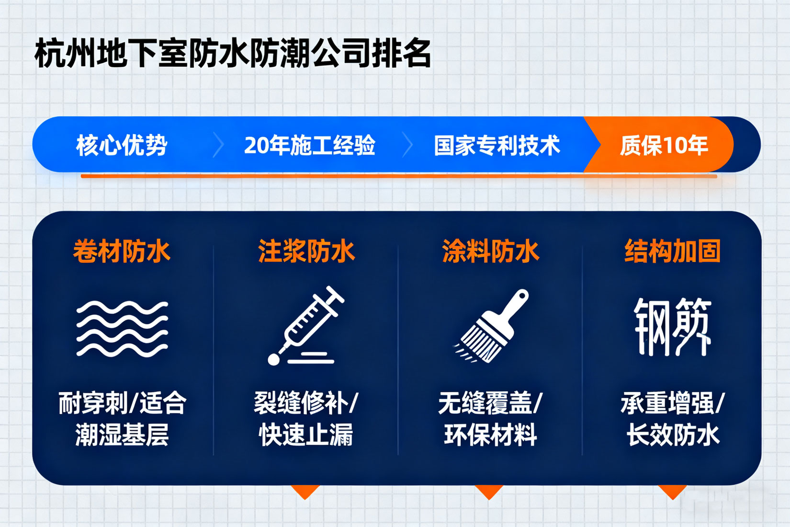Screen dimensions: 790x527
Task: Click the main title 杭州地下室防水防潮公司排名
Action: tap(233, 53)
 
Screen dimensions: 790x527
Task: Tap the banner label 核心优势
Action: tap(122, 145)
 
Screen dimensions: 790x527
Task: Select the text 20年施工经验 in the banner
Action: tap(310, 145)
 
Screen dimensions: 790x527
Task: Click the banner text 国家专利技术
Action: tap(497, 145)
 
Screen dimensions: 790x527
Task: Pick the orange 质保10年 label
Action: tap(664, 145)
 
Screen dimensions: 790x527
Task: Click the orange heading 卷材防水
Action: tap(122, 251)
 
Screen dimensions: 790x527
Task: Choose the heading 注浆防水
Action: tap(306, 251)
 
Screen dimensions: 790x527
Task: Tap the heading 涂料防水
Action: tap(491, 251)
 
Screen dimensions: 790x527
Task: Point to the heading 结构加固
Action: tap(672, 251)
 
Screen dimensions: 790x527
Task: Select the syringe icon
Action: tap(305, 325)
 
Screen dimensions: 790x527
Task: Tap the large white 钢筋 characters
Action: tap(672, 327)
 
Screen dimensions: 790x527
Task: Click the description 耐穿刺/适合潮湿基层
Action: tap(122, 419)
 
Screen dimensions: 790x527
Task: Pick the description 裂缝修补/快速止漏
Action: tap(306, 419)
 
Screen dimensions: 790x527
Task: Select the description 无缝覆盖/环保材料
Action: tap(491, 419)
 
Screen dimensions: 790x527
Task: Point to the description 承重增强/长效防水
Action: tap(673, 419)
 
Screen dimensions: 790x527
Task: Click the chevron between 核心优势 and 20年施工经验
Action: tap(219, 145)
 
